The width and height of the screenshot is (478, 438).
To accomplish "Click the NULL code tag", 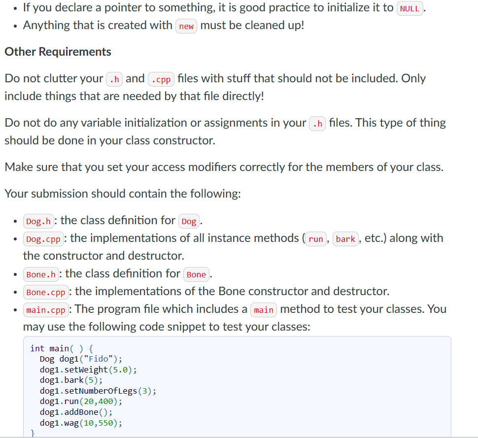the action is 410,8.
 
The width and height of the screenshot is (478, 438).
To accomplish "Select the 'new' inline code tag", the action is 186,26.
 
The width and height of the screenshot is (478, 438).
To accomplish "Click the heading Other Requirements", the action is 58,52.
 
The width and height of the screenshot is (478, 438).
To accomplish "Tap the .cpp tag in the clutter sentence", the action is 161,79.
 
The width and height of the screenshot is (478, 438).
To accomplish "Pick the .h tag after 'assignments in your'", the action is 318,124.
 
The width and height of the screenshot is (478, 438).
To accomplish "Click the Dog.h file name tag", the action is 38,221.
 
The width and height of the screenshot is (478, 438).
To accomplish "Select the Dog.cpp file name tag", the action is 43,239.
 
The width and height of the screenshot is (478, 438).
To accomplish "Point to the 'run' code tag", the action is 315,239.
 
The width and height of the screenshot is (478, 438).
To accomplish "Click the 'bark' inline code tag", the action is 345,239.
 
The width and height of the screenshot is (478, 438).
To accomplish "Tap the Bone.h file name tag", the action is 40,274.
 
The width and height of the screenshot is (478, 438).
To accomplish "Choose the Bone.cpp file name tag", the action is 45,292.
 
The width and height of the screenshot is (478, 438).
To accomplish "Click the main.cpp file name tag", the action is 45,310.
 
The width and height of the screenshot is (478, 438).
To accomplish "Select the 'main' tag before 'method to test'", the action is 264,310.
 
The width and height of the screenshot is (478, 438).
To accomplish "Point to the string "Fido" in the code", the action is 101,359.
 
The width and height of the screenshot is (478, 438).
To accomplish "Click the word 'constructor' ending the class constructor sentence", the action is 183,140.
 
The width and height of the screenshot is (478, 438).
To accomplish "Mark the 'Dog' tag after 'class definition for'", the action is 189,221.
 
